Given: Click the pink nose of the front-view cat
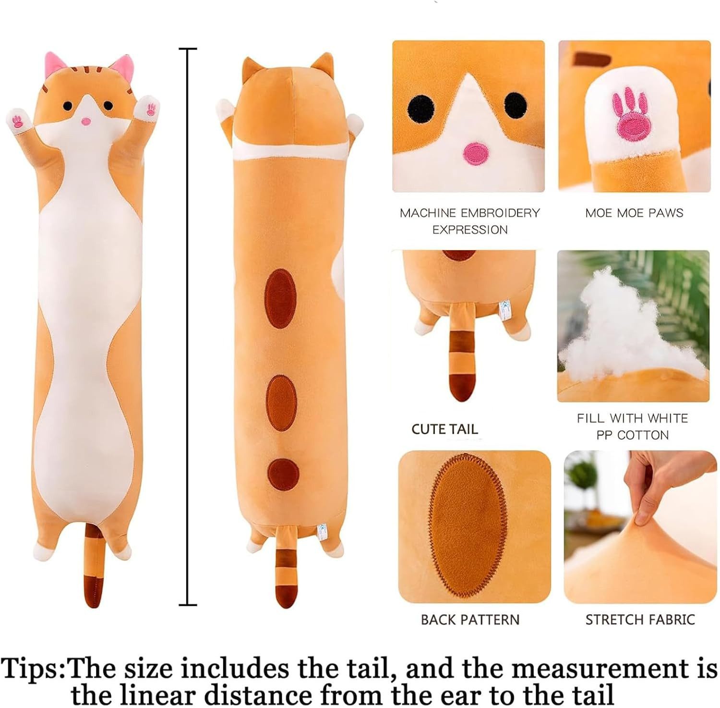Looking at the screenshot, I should [86, 122].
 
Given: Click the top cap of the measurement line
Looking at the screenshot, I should [188, 49].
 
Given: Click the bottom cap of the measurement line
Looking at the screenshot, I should [188, 604].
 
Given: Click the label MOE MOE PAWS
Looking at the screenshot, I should [634, 213].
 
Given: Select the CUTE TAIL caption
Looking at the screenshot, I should [444, 429].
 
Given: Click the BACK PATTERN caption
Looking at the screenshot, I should [470, 620].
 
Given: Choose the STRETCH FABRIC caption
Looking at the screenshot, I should [640, 620].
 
